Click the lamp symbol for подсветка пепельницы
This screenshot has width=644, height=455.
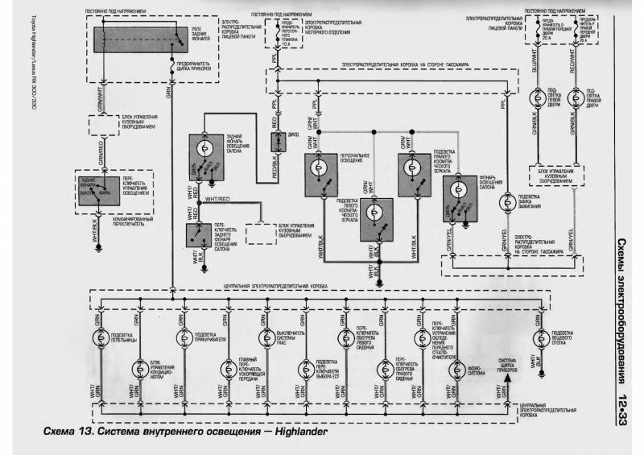pyautogui.click(x=101, y=337)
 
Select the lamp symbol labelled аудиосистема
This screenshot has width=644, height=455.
pyautogui.click(x=457, y=368)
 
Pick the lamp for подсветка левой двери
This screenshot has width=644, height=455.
pyautogui.click(x=535, y=97)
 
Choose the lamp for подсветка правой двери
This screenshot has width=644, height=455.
pyautogui.click(x=573, y=97)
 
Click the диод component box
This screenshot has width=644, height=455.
pyautogui.click(x=275, y=141)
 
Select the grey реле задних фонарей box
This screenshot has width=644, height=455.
pyautogui.click(x=134, y=39)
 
